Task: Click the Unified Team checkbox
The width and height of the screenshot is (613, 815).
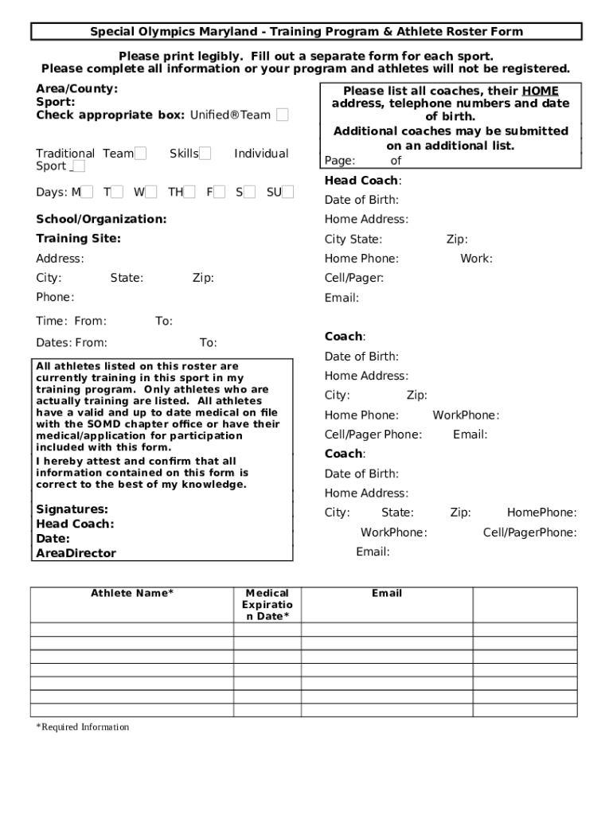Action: pyautogui.click(x=283, y=115)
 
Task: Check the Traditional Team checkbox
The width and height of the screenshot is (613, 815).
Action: pyautogui.click(x=140, y=154)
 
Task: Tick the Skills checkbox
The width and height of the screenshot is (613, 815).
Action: pyautogui.click(x=205, y=154)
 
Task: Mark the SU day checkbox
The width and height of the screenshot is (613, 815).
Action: pyautogui.click(x=287, y=192)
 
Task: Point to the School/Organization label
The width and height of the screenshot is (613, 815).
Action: pyautogui.click(x=101, y=219)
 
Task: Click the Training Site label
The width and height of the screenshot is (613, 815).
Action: pyautogui.click(x=78, y=239)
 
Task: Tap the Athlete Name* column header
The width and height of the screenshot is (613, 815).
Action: pyautogui.click(x=131, y=594)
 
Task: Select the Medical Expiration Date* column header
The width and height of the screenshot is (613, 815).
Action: pyautogui.click(x=267, y=605)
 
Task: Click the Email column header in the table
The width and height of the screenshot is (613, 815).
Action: pyautogui.click(x=386, y=594)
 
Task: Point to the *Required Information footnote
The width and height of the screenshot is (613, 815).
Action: pyautogui.click(x=82, y=727)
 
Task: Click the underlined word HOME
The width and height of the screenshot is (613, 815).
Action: pyautogui.click(x=540, y=92)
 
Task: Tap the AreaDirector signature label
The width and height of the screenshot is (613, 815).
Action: pyautogui.click(x=76, y=553)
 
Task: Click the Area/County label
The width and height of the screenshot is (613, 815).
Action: pyautogui.click(x=76, y=88)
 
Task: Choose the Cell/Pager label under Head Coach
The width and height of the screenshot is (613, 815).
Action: pyautogui.click(x=353, y=278)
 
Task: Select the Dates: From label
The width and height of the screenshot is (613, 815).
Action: pyautogui.click(x=71, y=343)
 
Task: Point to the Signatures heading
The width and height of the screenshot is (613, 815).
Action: pyautogui.click(x=72, y=509)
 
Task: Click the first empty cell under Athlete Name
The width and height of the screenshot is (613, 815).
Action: pyautogui.click(x=131, y=630)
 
